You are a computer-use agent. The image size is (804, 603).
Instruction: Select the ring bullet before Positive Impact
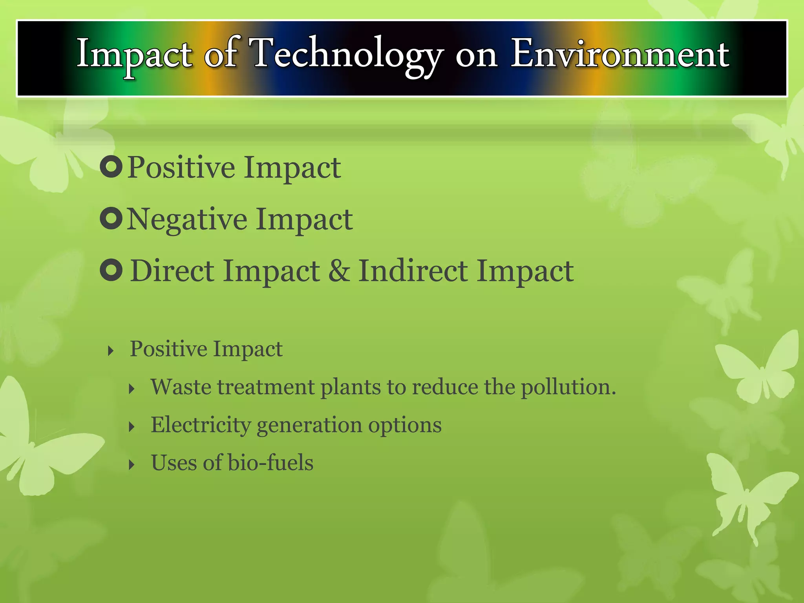(111, 166)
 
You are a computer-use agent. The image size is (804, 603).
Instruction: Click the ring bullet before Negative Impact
(111, 218)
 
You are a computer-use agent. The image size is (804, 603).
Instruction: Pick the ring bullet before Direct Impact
(111, 270)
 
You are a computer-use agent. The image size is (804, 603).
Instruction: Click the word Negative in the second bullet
(187, 219)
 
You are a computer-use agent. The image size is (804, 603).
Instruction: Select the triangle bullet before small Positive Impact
(111, 351)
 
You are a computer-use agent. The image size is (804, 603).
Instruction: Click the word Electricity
(201, 425)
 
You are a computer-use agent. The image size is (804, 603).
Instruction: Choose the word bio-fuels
(270, 462)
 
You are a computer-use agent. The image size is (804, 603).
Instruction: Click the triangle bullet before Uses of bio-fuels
(132, 465)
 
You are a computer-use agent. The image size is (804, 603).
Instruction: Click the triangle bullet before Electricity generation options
(132, 427)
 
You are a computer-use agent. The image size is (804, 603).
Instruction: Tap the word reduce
(445, 387)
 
